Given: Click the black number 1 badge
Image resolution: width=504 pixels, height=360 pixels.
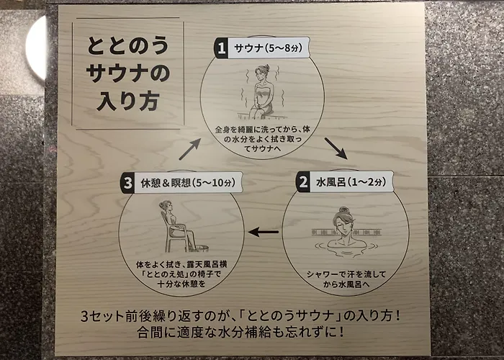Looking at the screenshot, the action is (x=221, y=48).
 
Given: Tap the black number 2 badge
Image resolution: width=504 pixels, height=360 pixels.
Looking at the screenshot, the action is (x=303, y=182).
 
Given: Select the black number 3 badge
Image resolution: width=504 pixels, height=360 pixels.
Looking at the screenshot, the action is (x=127, y=183).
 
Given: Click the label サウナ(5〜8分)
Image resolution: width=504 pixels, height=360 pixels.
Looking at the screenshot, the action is (x=269, y=48).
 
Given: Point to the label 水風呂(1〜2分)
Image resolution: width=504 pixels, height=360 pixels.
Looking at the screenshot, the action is (x=351, y=182).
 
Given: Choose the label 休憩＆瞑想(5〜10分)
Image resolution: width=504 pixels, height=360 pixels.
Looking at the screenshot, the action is (x=188, y=183).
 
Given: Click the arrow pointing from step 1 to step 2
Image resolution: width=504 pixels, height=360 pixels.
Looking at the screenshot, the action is (x=336, y=148).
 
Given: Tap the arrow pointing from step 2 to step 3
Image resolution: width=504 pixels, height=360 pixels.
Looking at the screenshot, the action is (x=264, y=231).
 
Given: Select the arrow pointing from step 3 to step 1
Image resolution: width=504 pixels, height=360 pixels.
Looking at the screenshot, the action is (x=190, y=149).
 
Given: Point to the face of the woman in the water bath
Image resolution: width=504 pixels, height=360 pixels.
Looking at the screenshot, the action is (x=344, y=223).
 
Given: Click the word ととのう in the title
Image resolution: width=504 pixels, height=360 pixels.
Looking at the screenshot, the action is (x=128, y=45).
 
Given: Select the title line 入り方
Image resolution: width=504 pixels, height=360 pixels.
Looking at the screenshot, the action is (x=128, y=102).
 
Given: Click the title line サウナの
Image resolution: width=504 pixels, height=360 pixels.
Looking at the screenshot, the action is (x=128, y=73).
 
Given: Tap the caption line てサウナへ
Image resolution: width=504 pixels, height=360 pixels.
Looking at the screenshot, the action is (x=262, y=148).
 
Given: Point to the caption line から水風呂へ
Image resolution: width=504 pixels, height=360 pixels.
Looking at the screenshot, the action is (x=346, y=284).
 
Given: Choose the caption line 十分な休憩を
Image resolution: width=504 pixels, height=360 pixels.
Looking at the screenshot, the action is (x=181, y=284).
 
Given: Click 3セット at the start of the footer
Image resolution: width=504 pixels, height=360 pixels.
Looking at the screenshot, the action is (x=102, y=316).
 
